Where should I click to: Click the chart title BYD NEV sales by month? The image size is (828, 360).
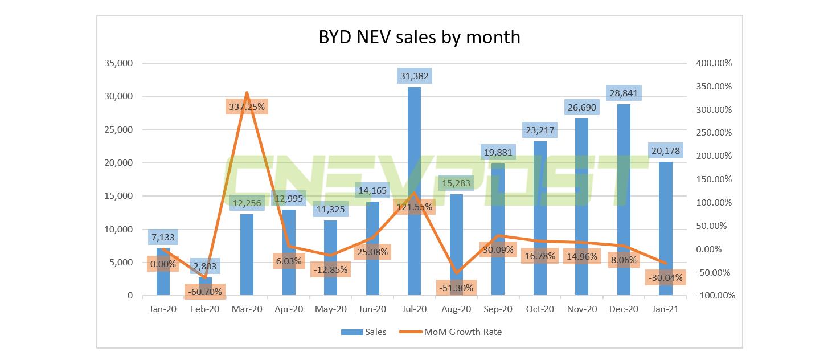pos(419,37)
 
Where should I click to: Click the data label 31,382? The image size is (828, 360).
pos(414,76)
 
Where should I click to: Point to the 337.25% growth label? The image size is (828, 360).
pos(247,107)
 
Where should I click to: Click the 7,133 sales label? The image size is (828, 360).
pos(163,236)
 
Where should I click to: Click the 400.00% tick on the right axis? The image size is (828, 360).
pos(714,63)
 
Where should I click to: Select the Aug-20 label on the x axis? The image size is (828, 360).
pos(456,309)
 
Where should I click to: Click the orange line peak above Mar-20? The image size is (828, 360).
pos(247,92)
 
